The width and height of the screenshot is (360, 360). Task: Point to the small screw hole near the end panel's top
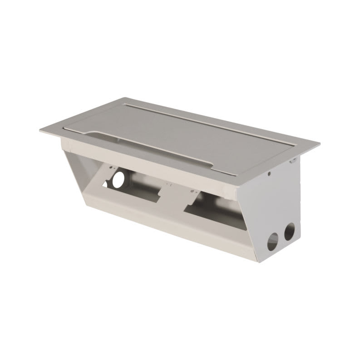click(270, 173)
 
